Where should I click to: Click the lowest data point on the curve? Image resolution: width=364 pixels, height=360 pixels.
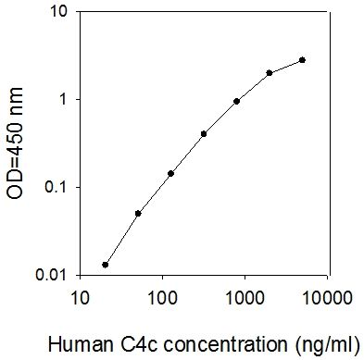tap(106, 265)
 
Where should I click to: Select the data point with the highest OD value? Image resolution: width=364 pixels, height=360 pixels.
tap(302, 60)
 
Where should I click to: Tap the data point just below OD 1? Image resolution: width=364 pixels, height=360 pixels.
tap(236, 101)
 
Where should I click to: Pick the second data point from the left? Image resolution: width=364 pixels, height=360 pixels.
tap(138, 214)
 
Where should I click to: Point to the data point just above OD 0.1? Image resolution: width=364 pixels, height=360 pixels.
tap(170, 174)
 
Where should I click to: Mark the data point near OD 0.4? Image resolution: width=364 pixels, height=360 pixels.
tap(204, 134)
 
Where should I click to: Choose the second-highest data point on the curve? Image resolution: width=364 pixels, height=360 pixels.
tap(270, 73)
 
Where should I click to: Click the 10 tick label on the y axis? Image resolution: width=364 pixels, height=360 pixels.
tap(57, 11)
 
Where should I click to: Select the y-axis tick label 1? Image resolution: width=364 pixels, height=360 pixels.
tap(63, 100)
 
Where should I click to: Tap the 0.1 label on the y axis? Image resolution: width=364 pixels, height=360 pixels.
tap(56, 187)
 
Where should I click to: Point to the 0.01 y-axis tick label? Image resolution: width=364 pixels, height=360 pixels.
tap(51, 275)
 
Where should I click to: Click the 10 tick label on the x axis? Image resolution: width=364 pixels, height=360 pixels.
tap(81, 298)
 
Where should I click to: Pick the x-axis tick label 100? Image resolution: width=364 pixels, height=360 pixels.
tap(163, 298)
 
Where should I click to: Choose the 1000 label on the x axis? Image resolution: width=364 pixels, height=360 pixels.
tap(245, 298)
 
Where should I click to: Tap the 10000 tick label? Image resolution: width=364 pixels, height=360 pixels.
tap(328, 298)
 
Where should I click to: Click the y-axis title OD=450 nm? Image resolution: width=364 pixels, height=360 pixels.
tap(15, 143)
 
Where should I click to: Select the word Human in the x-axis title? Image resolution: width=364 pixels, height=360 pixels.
tap(81, 344)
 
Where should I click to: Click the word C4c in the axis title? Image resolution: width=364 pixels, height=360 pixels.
tap(139, 344)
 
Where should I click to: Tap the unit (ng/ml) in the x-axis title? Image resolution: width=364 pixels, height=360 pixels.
tap(327, 344)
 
